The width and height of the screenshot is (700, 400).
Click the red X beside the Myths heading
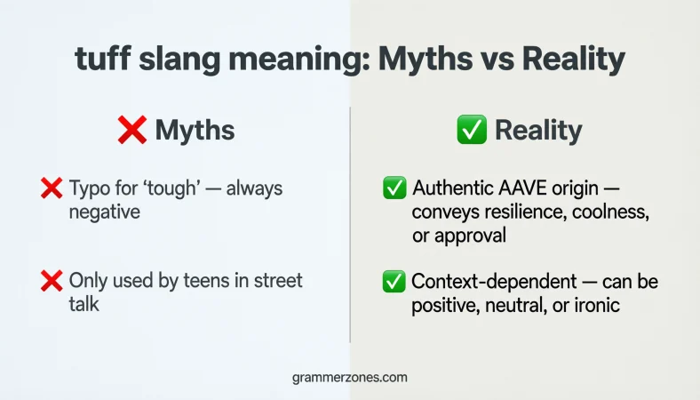tap(131, 131)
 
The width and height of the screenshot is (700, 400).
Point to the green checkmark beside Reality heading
tap(472, 131)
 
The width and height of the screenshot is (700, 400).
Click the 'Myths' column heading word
tap(195, 131)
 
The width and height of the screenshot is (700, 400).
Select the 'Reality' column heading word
tap(538, 131)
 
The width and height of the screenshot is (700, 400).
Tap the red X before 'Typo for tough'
tap(51, 188)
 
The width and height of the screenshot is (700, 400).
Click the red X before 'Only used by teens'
tap(51, 282)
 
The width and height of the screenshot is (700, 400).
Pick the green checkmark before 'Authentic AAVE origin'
tap(394, 188)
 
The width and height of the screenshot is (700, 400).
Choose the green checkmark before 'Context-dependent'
tap(394, 282)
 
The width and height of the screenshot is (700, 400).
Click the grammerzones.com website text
tap(349, 377)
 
